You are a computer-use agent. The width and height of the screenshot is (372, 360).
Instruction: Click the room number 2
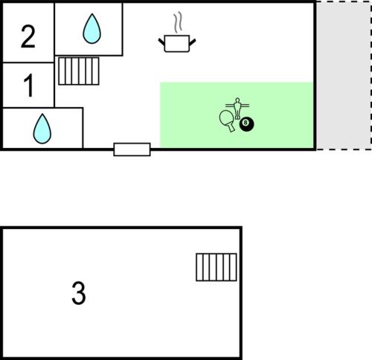coord(28,36)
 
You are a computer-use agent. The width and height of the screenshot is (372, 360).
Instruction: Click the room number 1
coord(29,86)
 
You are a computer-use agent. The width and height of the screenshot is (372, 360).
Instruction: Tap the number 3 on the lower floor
coord(79,293)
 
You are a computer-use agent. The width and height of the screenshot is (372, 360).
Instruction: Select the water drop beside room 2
coord(92,28)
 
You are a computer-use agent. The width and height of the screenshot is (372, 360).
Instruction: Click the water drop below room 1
coord(42,129)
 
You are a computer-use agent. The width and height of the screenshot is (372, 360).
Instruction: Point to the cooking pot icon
coord(177,44)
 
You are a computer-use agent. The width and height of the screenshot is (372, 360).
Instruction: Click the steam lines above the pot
coord(178,23)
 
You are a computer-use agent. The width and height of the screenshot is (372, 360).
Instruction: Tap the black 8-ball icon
coord(247,124)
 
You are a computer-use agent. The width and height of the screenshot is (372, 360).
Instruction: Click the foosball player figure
coord(237,109)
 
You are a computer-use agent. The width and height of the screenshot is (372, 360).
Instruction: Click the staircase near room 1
coord(79,71)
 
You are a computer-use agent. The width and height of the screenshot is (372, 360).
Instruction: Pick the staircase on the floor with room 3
coord(217,267)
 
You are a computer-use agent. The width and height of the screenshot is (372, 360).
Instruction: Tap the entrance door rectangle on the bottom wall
coord(132,150)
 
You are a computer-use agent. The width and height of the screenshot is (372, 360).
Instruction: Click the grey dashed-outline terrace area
coord(344,75)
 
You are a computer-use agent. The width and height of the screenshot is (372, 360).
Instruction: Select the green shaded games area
coord(237,115)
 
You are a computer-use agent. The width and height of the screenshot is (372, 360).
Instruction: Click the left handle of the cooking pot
coord(161,42)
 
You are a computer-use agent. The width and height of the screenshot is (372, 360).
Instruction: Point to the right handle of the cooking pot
coord(193,42)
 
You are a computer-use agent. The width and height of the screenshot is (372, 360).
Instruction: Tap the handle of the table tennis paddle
coord(231,128)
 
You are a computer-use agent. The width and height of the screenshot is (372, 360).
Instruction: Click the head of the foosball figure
coord(237,100)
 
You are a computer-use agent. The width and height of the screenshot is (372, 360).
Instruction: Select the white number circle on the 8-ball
coord(246,123)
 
